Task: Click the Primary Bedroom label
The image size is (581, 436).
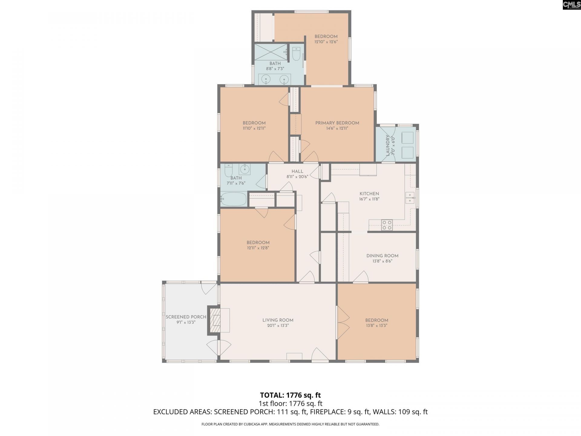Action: (x=337, y=123)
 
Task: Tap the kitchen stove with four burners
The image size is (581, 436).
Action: (x=387, y=225)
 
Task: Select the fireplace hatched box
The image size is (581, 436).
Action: (x=215, y=320)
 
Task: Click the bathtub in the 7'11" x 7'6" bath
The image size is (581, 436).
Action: (x=233, y=199)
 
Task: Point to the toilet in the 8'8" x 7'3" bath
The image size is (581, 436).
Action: (x=296, y=55)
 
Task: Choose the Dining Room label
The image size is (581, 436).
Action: (x=382, y=256)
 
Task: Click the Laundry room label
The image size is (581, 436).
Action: (x=388, y=145)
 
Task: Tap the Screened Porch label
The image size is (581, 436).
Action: (x=186, y=317)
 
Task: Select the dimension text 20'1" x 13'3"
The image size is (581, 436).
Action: (x=278, y=326)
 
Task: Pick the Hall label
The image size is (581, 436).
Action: (x=297, y=171)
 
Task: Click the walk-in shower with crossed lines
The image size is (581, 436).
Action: (x=271, y=51)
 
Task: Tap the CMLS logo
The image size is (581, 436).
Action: (x=571, y=5)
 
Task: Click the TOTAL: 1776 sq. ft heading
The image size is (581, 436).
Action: (x=290, y=395)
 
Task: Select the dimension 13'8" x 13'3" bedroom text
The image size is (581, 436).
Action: (x=376, y=326)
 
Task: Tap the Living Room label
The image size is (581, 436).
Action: (x=278, y=320)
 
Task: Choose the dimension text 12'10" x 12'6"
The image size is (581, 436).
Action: (x=326, y=42)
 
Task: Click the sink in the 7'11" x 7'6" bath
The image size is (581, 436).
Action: (x=245, y=169)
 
